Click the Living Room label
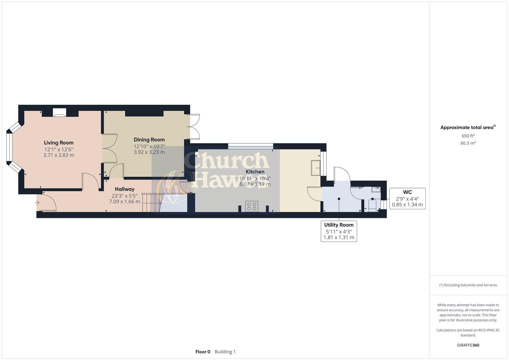click(x=59, y=143)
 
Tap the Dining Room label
click(x=149, y=140)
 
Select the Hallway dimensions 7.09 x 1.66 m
click(x=124, y=201)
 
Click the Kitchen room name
click(x=255, y=172)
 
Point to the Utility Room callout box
click(x=339, y=231)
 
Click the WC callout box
click(x=407, y=198)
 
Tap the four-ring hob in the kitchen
click(x=252, y=206)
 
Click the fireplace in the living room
click(x=60, y=113)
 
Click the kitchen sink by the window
click(x=315, y=168)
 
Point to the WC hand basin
click(x=376, y=189)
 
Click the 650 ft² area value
click(x=468, y=136)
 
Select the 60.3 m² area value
click(x=468, y=143)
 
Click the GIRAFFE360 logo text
click(x=468, y=345)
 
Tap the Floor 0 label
click(x=203, y=352)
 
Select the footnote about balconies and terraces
click(x=468, y=285)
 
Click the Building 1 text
click(x=225, y=352)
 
